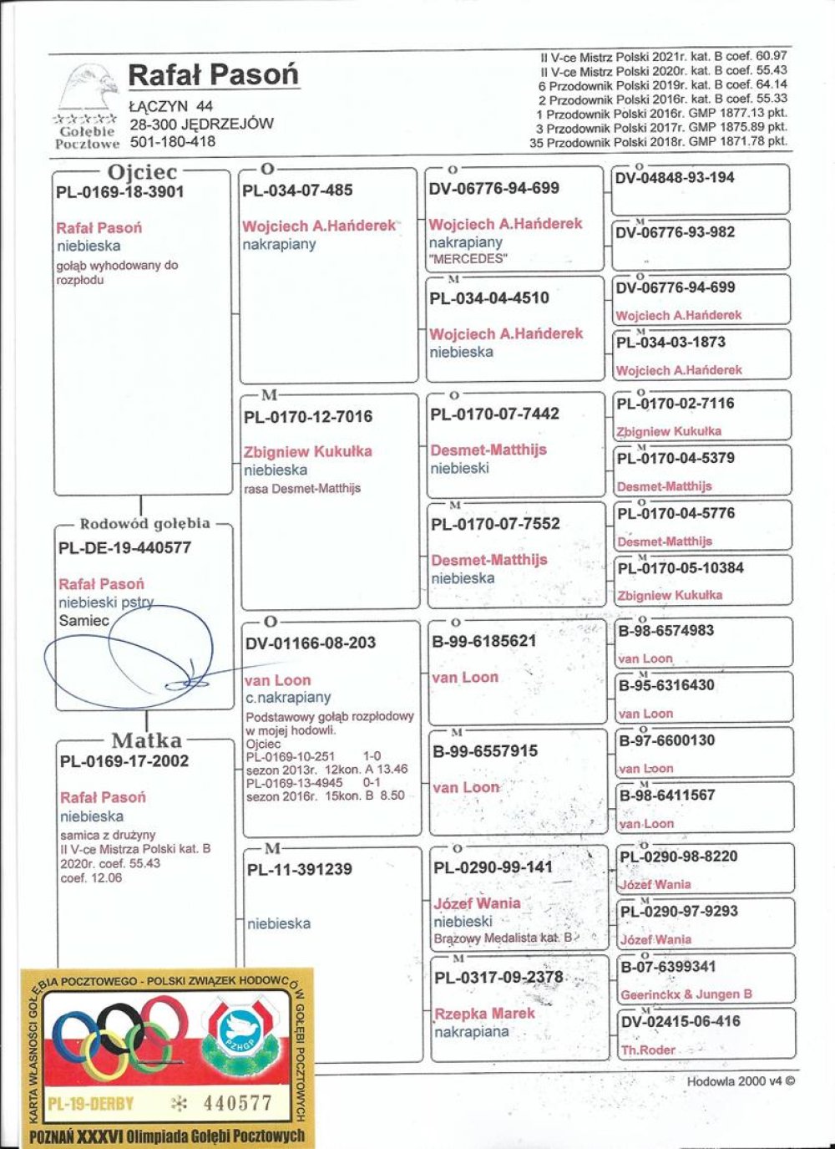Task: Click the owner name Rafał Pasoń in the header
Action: coord(213,75)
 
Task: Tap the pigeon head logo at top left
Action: coord(87,89)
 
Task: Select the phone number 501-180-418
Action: coord(173,141)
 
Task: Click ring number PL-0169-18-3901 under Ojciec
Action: coord(120,192)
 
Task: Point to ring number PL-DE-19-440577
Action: coord(124,548)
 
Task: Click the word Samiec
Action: coord(83,621)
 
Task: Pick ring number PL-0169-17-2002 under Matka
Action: coord(124,761)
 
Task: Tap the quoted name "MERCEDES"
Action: coord(468,259)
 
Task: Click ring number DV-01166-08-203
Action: coord(311,643)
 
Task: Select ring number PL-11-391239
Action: coord(300,870)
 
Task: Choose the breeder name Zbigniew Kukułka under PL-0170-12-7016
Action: coord(308,451)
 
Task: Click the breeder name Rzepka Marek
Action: coord(484,1014)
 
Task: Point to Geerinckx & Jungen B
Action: coord(686,994)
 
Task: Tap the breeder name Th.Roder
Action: coord(648,1050)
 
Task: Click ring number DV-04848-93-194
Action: coord(675,178)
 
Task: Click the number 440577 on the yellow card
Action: coord(238,1104)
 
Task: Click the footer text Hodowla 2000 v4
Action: coord(741,1081)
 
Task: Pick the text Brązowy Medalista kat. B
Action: coord(504,938)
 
